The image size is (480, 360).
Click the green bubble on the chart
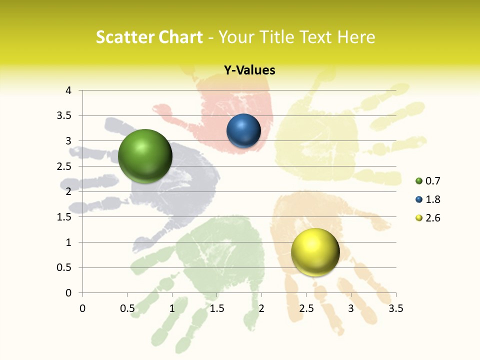coord(145,156)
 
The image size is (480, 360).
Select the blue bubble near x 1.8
coord(243,131)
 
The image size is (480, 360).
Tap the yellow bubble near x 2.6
coord(315,252)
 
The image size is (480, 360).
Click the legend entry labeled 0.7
coord(428,181)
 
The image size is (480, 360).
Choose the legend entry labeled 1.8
coord(428,199)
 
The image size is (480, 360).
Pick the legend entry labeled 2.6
coord(428,218)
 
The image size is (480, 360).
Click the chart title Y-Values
coord(249,70)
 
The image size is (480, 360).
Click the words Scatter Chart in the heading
coord(149,37)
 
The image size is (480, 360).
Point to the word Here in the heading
coord(356,37)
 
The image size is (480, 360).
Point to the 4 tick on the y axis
coord(69,90)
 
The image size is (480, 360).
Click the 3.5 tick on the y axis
coord(64,115)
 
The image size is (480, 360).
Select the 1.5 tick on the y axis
coord(64,217)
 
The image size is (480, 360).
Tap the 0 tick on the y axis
coord(69,293)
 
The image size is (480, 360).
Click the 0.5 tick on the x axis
coord(127,308)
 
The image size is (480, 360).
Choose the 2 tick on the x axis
coord(261,308)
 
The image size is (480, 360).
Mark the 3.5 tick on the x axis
coord(395,308)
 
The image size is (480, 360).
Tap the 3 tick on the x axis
coord(351,308)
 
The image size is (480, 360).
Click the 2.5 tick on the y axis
coord(64,166)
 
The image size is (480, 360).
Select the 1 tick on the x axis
coord(172,308)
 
